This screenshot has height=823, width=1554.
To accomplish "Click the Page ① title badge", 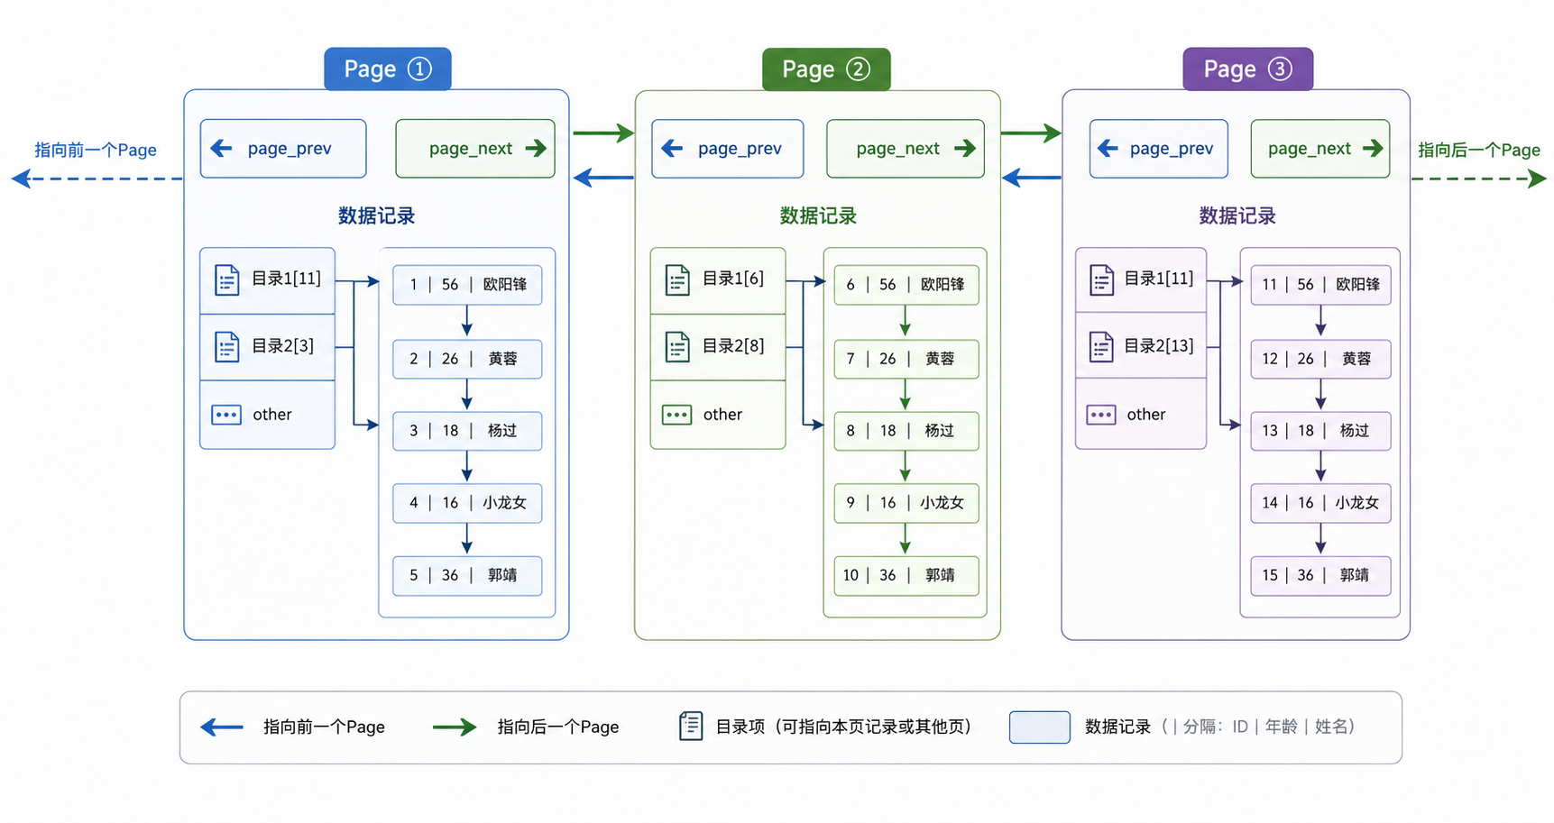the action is pyautogui.click(x=388, y=69).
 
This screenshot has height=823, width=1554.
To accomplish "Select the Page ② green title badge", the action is pyautogui.click(x=826, y=69).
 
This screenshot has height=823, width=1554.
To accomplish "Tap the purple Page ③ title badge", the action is pyautogui.click(x=1247, y=69).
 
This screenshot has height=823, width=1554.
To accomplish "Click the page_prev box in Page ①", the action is pyautogui.click(x=283, y=149).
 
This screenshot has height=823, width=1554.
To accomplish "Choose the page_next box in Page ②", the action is pyautogui.click(x=906, y=149).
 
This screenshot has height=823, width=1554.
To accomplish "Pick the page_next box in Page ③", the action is pyautogui.click(x=1320, y=149).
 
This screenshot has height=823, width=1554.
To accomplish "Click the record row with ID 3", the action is pyautogui.click(x=467, y=431).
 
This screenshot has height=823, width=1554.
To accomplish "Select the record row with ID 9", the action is pyautogui.click(x=906, y=503).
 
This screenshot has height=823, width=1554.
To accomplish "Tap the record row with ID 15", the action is pyautogui.click(x=1320, y=575).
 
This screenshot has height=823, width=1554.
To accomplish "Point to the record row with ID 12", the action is pyautogui.click(x=1320, y=359).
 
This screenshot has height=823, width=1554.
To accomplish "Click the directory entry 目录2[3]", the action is pyautogui.click(x=267, y=347).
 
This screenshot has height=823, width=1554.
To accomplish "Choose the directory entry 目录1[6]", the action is pyautogui.click(x=718, y=280).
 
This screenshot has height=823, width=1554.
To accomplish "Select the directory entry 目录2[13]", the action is pyautogui.click(x=1141, y=346).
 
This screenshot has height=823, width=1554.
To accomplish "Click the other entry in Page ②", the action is pyautogui.click(x=718, y=415).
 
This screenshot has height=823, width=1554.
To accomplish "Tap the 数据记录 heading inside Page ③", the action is pyautogui.click(x=1237, y=215).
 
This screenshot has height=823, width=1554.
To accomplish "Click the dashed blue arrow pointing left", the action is pyautogui.click(x=97, y=179).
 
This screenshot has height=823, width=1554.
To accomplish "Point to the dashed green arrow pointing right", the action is pyautogui.click(x=1479, y=178).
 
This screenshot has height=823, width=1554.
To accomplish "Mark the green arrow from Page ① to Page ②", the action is pyautogui.click(x=603, y=133).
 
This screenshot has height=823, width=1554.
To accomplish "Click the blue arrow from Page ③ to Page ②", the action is pyautogui.click(x=1032, y=178).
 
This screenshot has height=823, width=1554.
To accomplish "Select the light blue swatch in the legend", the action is pyautogui.click(x=1039, y=727).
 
